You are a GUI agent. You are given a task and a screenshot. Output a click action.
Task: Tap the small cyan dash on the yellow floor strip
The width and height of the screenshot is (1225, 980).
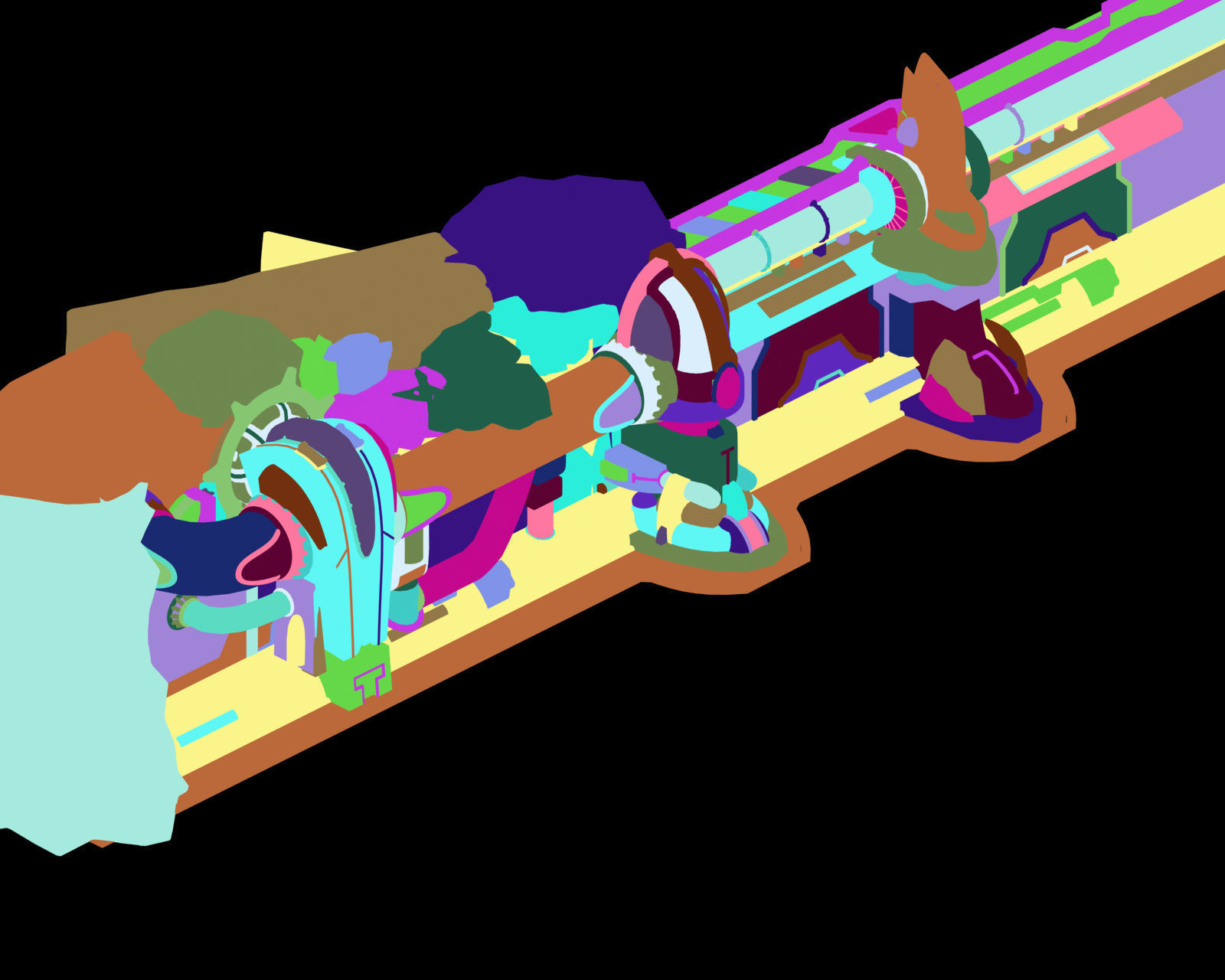[x=207, y=727]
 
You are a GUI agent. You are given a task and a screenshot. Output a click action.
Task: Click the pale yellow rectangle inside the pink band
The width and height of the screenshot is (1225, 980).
[x=1060, y=161]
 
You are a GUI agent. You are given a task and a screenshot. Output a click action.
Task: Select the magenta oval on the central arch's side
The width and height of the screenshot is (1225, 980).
[x=729, y=387]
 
